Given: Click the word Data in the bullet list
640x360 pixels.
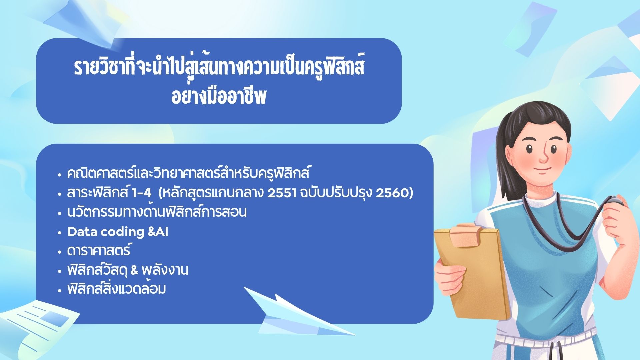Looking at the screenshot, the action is coord(82,232).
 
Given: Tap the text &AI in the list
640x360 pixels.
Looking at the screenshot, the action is coord(158,232).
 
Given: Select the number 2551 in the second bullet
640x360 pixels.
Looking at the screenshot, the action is coord(282,193).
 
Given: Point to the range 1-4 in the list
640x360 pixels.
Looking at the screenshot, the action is coord(142,193).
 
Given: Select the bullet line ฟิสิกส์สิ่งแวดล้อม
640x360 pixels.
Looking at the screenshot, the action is coord(117,289).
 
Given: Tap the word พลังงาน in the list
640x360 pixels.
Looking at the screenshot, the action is coord(165,269).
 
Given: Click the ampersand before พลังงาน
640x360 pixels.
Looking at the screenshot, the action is coord(134,270).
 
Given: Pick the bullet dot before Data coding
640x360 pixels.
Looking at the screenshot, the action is coord(60,232).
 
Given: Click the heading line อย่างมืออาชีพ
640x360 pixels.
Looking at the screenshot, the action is coord(219,97).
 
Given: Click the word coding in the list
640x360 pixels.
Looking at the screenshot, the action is coord(122,232).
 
